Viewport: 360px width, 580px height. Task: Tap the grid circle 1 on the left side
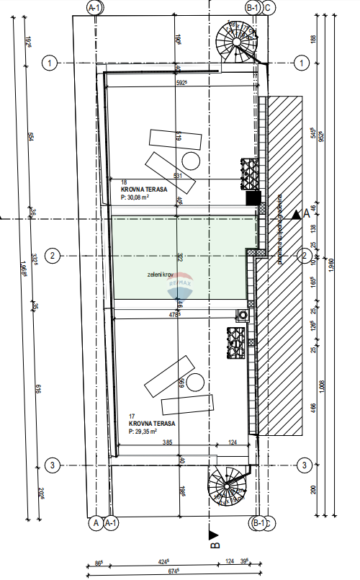50,63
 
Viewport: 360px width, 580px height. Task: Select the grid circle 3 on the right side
305,465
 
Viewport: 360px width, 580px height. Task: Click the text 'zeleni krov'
158,275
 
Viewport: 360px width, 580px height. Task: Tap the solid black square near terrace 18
251,197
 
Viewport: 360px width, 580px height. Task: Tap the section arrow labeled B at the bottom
213,535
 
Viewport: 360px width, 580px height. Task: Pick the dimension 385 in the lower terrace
167,442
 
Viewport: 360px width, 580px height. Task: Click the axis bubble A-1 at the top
94,7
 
